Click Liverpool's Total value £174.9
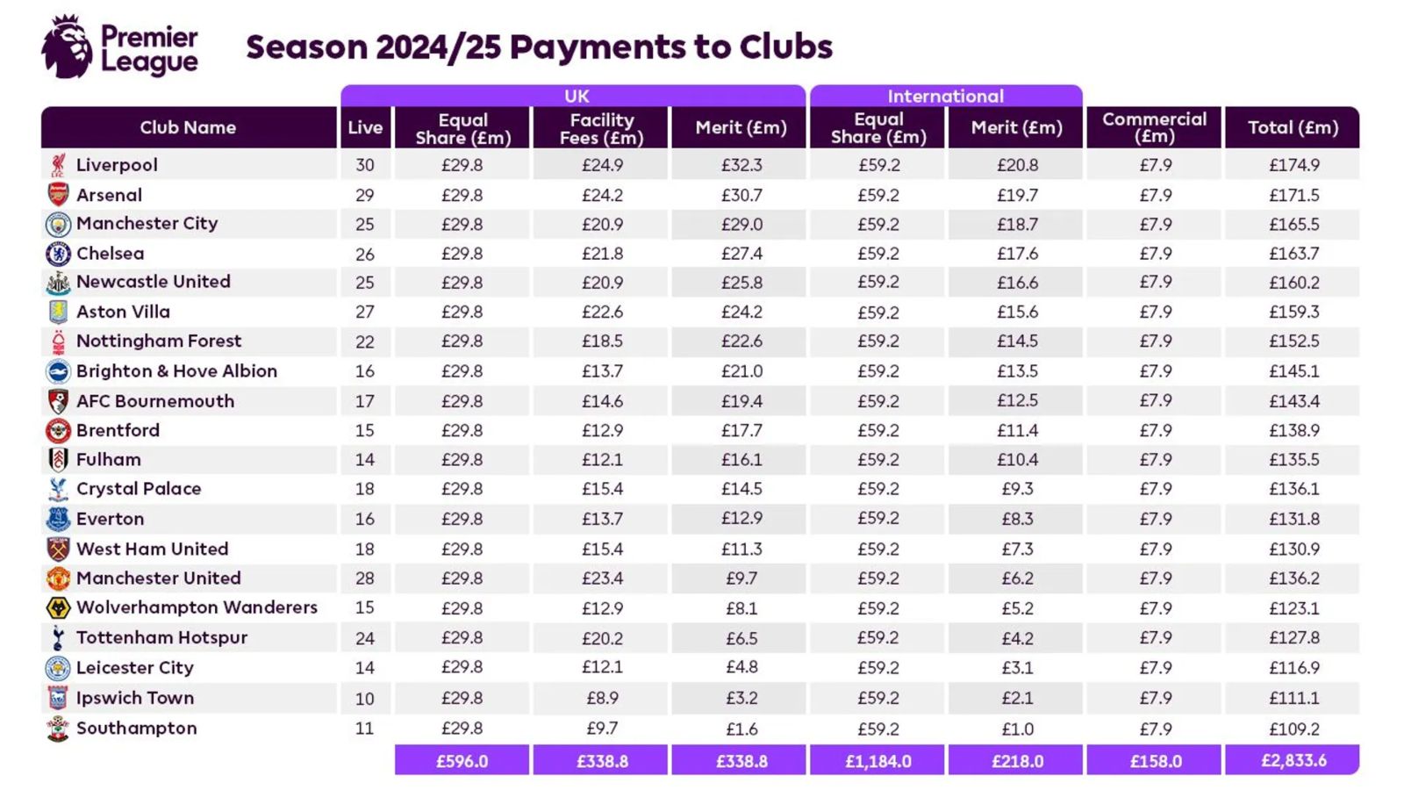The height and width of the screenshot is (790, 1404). pyautogui.click(x=1293, y=165)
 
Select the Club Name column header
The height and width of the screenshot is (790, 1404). pyautogui.click(x=188, y=127)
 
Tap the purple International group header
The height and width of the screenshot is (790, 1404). pyautogui.click(x=945, y=96)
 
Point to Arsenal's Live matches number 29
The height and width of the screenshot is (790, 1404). pyautogui.click(x=365, y=195)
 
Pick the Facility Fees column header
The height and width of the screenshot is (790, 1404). pyautogui.click(x=601, y=128)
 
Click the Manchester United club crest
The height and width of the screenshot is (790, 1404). pyautogui.click(x=58, y=578)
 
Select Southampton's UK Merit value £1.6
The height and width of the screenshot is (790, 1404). pyautogui.click(x=741, y=729)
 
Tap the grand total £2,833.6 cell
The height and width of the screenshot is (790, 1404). pyautogui.click(x=1293, y=760)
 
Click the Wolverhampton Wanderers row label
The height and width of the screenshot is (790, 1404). pyautogui.click(x=197, y=607)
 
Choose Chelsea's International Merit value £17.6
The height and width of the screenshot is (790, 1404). pyautogui.click(x=1017, y=254)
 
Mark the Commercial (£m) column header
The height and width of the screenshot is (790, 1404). pyautogui.click(x=1154, y=127)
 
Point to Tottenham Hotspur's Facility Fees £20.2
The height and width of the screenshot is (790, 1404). pyautogui.click(x=602, y=638)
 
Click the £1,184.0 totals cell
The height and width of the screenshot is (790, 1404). pyautogui.click(x=877, y=761)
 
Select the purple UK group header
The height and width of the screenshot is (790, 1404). pyautogui.click(x=576, y=96)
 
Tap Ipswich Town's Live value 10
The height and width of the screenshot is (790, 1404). pyautogui.click(x=365, y=699)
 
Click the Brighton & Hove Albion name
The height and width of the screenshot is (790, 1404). pyautogui.click(x=176, y=371)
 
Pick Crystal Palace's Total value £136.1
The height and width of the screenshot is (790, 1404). pyautogui.click(x=1293, y=489)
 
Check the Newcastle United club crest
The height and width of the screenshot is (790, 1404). pyautogui.click(x=58, y=283)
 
